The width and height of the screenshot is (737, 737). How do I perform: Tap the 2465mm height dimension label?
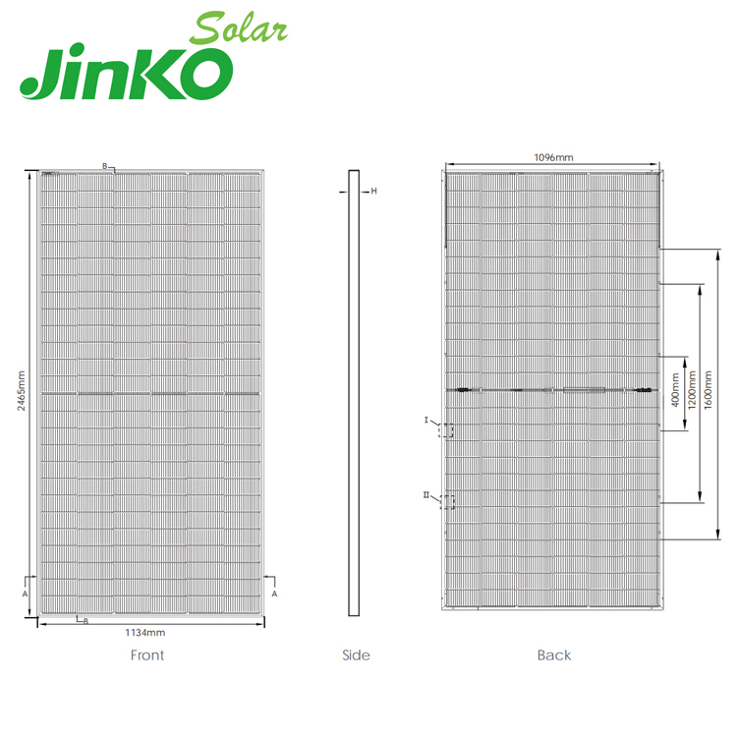(x=21, y=392)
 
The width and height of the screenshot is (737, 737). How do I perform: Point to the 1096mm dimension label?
(x=552, y=157)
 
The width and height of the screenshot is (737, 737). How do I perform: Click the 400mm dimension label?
(x=675, y=390)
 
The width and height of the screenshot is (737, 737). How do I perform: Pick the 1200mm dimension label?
(x=691, y=390)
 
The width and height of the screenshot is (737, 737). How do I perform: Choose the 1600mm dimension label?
(x=707, y=390)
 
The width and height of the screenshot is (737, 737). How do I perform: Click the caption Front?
(x=147, y=655)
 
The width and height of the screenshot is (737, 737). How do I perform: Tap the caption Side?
(x=356, y=655)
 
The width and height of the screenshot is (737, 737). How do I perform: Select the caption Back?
(x=553, y=655)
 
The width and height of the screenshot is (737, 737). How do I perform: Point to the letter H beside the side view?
(x=373, y=192)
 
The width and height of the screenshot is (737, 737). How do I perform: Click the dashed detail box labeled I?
(x=448, y=430)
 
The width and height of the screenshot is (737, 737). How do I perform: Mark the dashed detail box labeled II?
(x=448, y=502)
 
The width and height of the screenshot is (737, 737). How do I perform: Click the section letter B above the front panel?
(x=105, y=166)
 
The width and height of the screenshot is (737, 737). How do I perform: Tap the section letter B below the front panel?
(x=85, y=621)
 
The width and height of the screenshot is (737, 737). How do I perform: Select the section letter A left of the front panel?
(x=24, y=594)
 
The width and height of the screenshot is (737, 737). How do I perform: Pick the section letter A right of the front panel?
(x=274, y=594)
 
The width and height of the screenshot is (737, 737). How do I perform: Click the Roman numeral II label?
(x=425, y=495)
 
